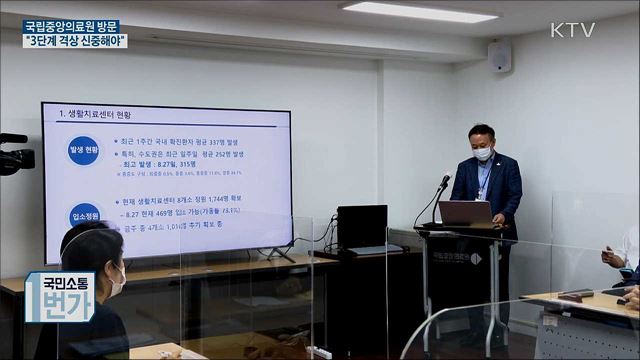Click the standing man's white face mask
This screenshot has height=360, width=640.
click(482, 154)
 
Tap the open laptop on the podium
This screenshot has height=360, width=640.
click(464, 213)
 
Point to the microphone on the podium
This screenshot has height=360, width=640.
click(443, 184)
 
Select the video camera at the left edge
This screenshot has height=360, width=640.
click(16, 155)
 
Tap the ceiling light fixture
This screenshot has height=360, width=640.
click(420, 11)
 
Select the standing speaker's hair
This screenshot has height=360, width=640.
click(481, 132)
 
